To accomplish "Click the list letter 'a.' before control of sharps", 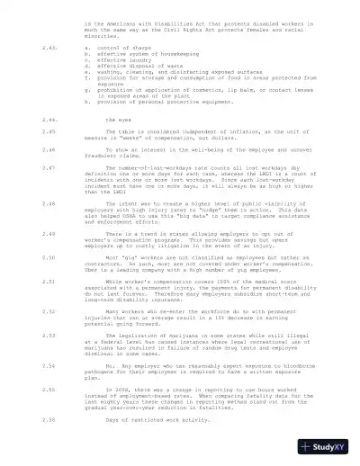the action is click(86, 46).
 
